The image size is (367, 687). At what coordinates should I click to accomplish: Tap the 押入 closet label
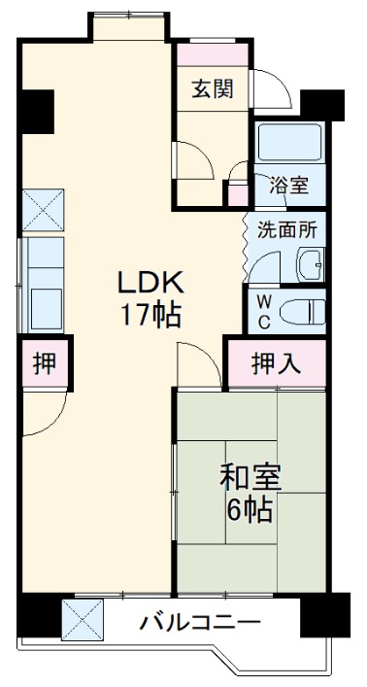click(276, 364)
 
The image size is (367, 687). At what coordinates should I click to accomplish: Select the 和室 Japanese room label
click(250, 477)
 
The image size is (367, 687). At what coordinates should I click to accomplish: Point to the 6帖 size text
click(250, 509)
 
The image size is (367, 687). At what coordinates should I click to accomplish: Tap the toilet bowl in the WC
click(303, 310)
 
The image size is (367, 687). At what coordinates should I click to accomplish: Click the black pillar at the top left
click(37, 110)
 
